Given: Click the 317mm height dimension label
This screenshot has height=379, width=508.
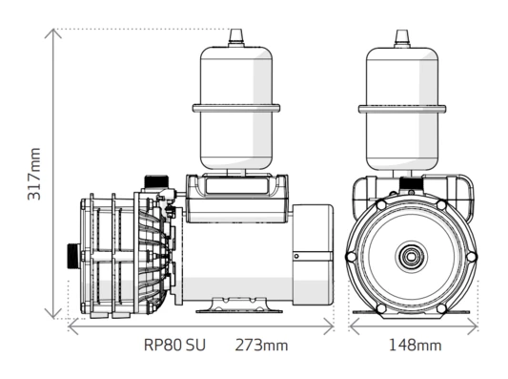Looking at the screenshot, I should [35, 173].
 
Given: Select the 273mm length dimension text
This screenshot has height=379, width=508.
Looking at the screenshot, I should [261, 344].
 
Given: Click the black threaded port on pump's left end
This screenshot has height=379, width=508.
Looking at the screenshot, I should [72, 257].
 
